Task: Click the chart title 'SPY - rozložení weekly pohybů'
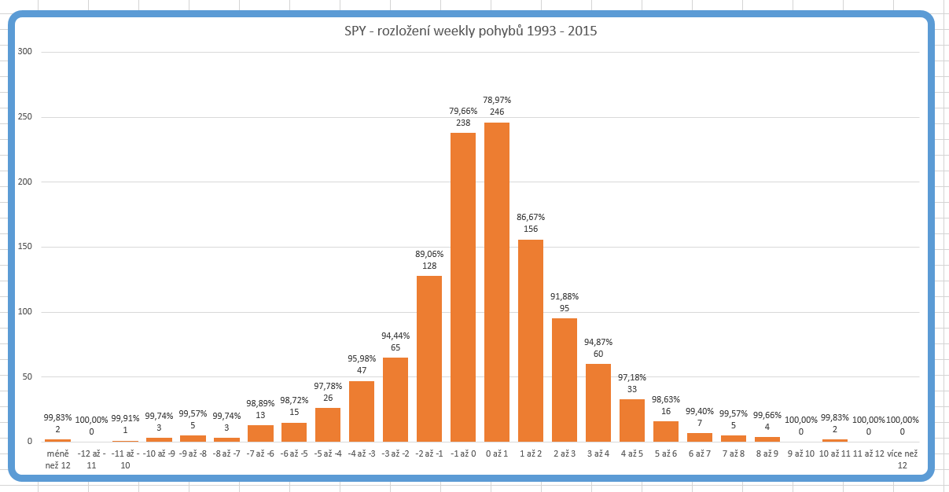(x=469, y=31)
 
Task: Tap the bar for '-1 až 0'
(x=463, y=287)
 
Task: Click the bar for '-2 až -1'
(x=429, y=358)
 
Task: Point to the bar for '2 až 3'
(x=565, y=380)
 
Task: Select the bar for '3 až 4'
(x=598, y=402)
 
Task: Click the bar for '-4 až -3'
(x=362, y=411)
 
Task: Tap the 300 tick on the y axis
(x=25, y=52)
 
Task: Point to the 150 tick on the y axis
(x=25, y=247)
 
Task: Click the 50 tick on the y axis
(x=28, y=376)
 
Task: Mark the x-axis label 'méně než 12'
(x=57, y=460)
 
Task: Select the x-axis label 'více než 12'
(x=902, y=460)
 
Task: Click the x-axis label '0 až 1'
(x=497, y=454)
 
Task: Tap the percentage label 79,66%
(x=463, y=111)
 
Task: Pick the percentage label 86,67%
(x=531, y=217)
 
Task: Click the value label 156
(x=531, y=229)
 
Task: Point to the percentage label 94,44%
(x=395, y=336)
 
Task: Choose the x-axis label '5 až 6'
(x=666, y=454)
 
